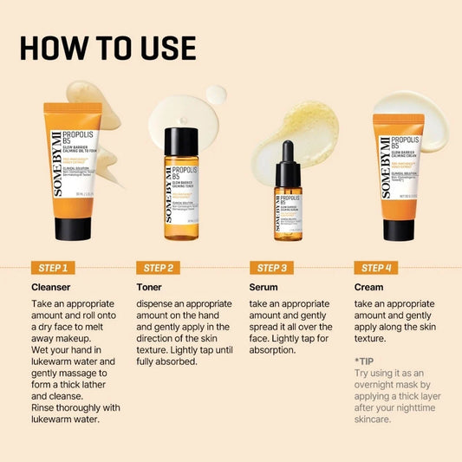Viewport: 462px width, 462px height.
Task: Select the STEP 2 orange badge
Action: (x=159, y=268)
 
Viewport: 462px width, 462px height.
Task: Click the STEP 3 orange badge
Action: (x=270, y=268)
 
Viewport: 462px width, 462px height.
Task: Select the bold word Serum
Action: (x=264, y=287)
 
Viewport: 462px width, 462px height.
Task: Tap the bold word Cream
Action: (x=369, y=287)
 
